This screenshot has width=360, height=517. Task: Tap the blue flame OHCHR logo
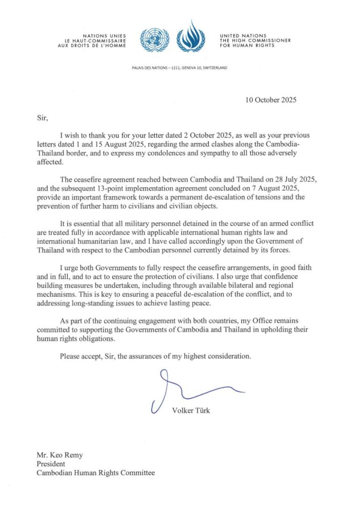tap(190, 37)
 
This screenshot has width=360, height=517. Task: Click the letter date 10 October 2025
tap(271, 100)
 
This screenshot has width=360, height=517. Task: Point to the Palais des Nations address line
tap(180, 68)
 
